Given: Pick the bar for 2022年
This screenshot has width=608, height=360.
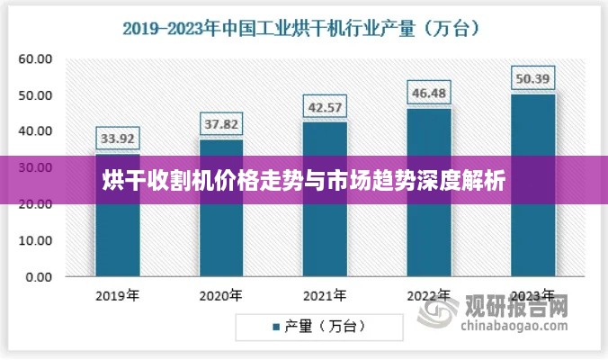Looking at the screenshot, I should pos(429,193).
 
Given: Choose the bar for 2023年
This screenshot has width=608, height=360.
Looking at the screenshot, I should pos(533,185).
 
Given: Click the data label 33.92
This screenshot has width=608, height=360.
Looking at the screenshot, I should pos(119,139).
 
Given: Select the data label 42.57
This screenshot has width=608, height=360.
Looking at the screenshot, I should pos(325,107).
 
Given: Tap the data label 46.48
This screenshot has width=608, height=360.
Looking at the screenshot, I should pos(429,93).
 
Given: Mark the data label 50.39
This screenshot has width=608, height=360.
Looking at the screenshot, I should pos(533,78).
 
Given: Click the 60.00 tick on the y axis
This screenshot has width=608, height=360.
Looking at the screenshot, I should pos(36,59).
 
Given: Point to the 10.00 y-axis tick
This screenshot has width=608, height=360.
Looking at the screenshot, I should pos(36,241).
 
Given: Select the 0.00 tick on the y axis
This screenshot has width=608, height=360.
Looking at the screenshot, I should pos(40,277).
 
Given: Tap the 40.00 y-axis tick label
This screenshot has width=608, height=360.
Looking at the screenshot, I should pos(36,131).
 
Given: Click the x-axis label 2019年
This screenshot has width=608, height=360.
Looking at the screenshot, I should pos(119,295).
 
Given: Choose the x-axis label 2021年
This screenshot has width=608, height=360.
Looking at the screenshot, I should pos(325,295).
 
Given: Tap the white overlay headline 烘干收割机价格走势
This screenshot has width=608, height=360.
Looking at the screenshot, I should pos(303,179).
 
